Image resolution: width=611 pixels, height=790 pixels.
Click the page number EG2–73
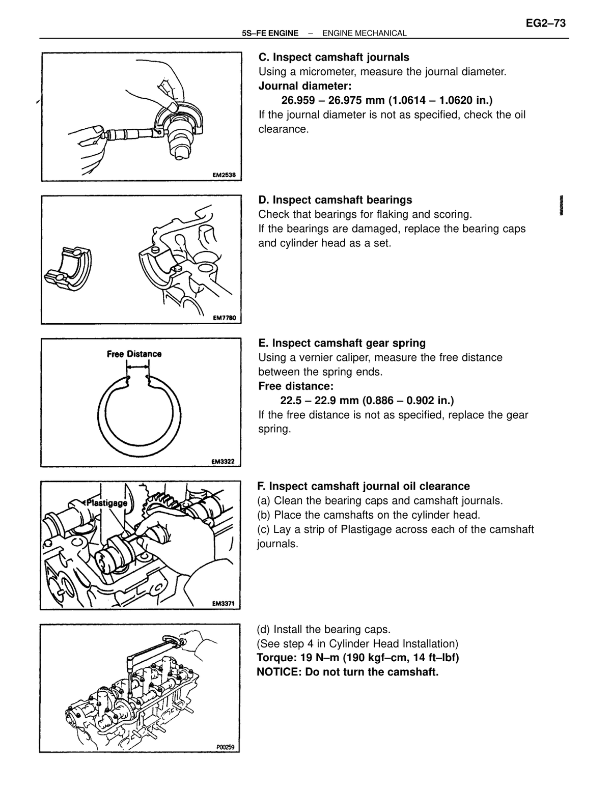545,23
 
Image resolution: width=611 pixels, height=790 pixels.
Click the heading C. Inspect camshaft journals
334,58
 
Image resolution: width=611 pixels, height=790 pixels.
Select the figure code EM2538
224,175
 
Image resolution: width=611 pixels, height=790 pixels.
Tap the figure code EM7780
224,318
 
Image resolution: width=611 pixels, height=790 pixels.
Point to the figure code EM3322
223,462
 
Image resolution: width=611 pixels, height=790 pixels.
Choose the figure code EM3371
223,604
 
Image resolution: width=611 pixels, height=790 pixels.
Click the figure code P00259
226,747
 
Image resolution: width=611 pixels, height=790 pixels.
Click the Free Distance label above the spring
134,354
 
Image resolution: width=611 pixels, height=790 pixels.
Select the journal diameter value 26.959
298,100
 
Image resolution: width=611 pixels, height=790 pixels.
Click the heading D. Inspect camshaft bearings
335,201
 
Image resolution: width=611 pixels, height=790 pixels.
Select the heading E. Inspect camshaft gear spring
342,343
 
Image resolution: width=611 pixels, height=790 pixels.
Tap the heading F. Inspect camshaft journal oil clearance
364,487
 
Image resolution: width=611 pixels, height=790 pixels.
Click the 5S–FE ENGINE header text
270,34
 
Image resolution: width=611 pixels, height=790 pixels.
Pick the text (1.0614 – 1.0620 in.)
439,100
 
